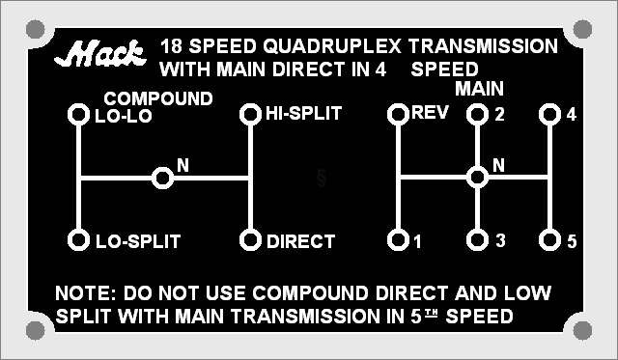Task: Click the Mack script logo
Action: click(100, 53)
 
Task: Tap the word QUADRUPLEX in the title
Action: click(332, 46)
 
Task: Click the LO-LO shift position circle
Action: click(78, 115)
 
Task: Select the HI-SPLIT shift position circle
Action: click(250, 114)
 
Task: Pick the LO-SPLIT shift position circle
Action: click(78, 240)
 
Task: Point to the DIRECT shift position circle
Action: click(250, 240)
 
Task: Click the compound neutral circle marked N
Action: click(162, 178)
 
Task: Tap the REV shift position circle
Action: click(398, 114)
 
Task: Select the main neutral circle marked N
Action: click(477, 177)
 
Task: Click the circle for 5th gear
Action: click(549, 240)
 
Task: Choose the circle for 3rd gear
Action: click(477, 240)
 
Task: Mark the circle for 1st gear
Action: click(398, 240)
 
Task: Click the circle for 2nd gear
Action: click(477, 114)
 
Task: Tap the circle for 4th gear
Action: click(549, 114)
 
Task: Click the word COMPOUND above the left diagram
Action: click(158, 98)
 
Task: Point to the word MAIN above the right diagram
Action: click(479, 89)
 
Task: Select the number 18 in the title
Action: click(171, 46)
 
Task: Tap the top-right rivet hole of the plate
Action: click(582, 29)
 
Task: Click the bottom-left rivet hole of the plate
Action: click(36, 330)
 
